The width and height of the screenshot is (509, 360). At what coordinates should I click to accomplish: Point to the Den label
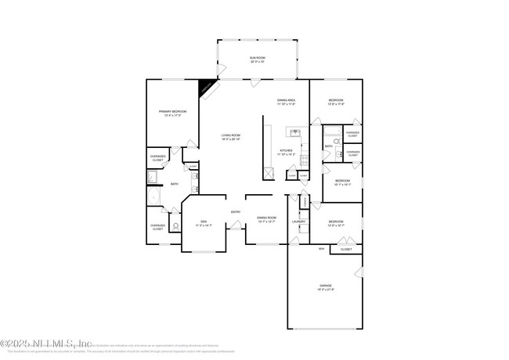[x=203, y=222]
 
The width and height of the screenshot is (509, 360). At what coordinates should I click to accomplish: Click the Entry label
[x=235, y=212]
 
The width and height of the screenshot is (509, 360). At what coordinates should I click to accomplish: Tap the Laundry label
[x=298, y=221]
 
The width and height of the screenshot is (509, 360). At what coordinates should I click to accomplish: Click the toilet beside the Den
[x=176, y=227]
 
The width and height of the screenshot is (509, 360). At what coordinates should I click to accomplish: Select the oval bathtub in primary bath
[x=154, y=196]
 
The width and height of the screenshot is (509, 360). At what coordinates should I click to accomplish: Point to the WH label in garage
[x=321, y=249]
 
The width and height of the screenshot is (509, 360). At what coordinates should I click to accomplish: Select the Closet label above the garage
[x=345, y=250]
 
